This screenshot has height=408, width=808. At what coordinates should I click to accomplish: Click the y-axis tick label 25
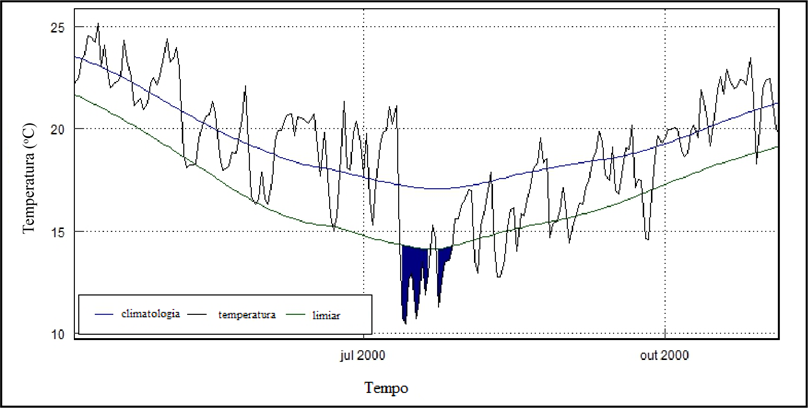(59, 27)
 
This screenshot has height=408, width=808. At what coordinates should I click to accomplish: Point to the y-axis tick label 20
(59, 129)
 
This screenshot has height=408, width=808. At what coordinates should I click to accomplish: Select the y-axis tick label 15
(59, 231)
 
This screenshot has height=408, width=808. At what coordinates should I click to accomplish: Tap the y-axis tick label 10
(59, 333)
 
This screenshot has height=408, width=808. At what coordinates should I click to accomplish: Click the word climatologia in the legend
(150, 314)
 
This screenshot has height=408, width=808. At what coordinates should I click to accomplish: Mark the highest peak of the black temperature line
(97, 24)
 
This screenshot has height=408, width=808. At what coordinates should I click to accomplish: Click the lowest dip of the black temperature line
(404, 322)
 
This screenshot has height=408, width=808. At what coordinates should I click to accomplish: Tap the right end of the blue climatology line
(777, 103)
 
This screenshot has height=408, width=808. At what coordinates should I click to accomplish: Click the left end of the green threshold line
(75, 95)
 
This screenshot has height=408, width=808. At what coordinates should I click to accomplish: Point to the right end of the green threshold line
(777, 147)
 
